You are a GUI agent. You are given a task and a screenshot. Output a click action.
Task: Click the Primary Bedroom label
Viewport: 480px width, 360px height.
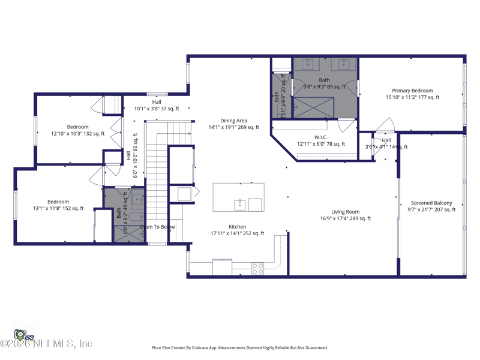412,94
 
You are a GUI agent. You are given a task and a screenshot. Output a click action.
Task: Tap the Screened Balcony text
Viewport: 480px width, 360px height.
431,206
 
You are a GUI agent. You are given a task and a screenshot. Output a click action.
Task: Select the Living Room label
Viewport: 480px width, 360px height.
346,215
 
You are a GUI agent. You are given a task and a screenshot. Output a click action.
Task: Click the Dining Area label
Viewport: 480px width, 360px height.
233,124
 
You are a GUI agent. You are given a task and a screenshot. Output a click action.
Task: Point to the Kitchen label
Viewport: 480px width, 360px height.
237,230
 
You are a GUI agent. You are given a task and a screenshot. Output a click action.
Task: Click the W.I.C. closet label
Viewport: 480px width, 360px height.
321,140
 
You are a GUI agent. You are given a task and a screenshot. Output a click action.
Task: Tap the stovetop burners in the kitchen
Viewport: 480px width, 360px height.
257,268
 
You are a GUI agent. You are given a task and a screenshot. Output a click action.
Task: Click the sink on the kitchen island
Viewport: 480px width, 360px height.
239,205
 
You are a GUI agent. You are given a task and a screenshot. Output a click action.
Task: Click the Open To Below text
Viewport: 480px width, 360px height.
158,227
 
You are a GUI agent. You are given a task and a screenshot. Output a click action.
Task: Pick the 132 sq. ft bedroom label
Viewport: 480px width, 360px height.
77,130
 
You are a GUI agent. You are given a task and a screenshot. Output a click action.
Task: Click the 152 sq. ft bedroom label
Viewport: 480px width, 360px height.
58,205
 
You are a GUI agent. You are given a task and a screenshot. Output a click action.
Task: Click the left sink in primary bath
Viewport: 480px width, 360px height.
308,64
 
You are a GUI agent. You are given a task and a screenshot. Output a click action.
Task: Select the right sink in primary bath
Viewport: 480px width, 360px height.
344,64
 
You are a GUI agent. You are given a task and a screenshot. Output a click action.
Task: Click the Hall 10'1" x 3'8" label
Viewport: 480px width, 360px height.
156,106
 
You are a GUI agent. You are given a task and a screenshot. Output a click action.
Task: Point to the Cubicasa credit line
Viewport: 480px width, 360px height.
239,347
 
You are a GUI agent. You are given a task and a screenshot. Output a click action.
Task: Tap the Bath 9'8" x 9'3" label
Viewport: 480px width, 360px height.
324,83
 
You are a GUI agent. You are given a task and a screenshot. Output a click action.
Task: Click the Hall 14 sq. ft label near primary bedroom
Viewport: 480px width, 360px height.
386,143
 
